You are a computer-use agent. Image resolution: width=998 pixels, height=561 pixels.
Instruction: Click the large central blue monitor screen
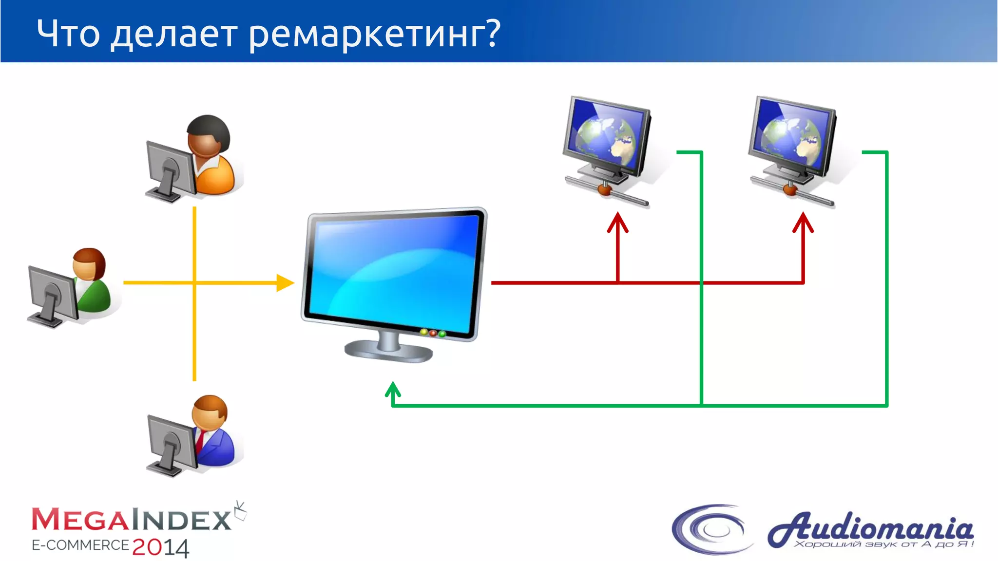tap(392, 273)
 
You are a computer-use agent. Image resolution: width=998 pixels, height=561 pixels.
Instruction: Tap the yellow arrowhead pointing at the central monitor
tap(285, 282)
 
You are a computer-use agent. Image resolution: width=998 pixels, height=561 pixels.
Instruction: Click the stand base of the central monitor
tap(388, 351)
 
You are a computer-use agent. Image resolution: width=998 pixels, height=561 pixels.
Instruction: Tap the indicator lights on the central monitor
tap(433, 333)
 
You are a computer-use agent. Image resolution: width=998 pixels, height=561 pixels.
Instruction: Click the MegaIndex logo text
tap(132, 520)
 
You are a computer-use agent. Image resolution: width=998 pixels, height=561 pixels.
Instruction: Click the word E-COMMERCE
tap(80, 545)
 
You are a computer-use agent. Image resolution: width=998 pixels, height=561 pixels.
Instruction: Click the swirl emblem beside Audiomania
tap(711, 529)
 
